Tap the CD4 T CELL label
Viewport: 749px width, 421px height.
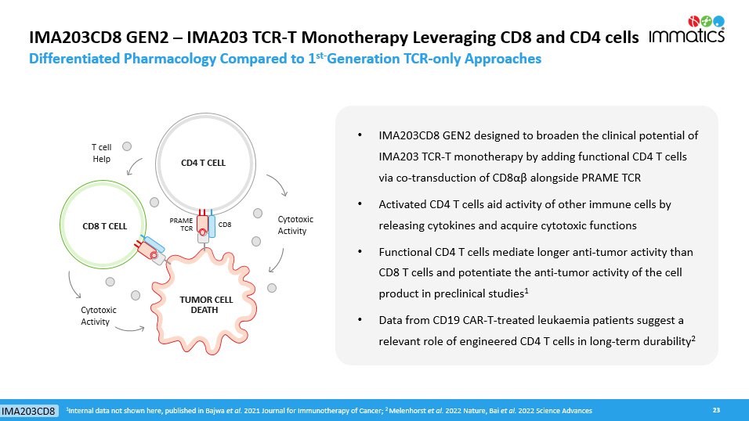pos(203,163)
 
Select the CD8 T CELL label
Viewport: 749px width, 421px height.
pos(105,226)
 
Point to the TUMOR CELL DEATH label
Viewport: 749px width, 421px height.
pos(206,304)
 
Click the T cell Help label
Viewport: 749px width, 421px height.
pos(101,153)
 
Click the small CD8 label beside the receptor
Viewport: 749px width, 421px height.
pos(225,225)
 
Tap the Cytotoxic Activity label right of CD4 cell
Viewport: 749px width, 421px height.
pos(292,225)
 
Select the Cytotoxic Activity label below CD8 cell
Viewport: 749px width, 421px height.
pos(99,316)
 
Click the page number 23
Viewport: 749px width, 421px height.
pos(715,410)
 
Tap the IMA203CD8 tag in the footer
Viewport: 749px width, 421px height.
pos(28,412)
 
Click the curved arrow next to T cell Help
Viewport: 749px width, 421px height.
pos(134,165)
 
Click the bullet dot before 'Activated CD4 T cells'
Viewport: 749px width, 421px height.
pos(360,204)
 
